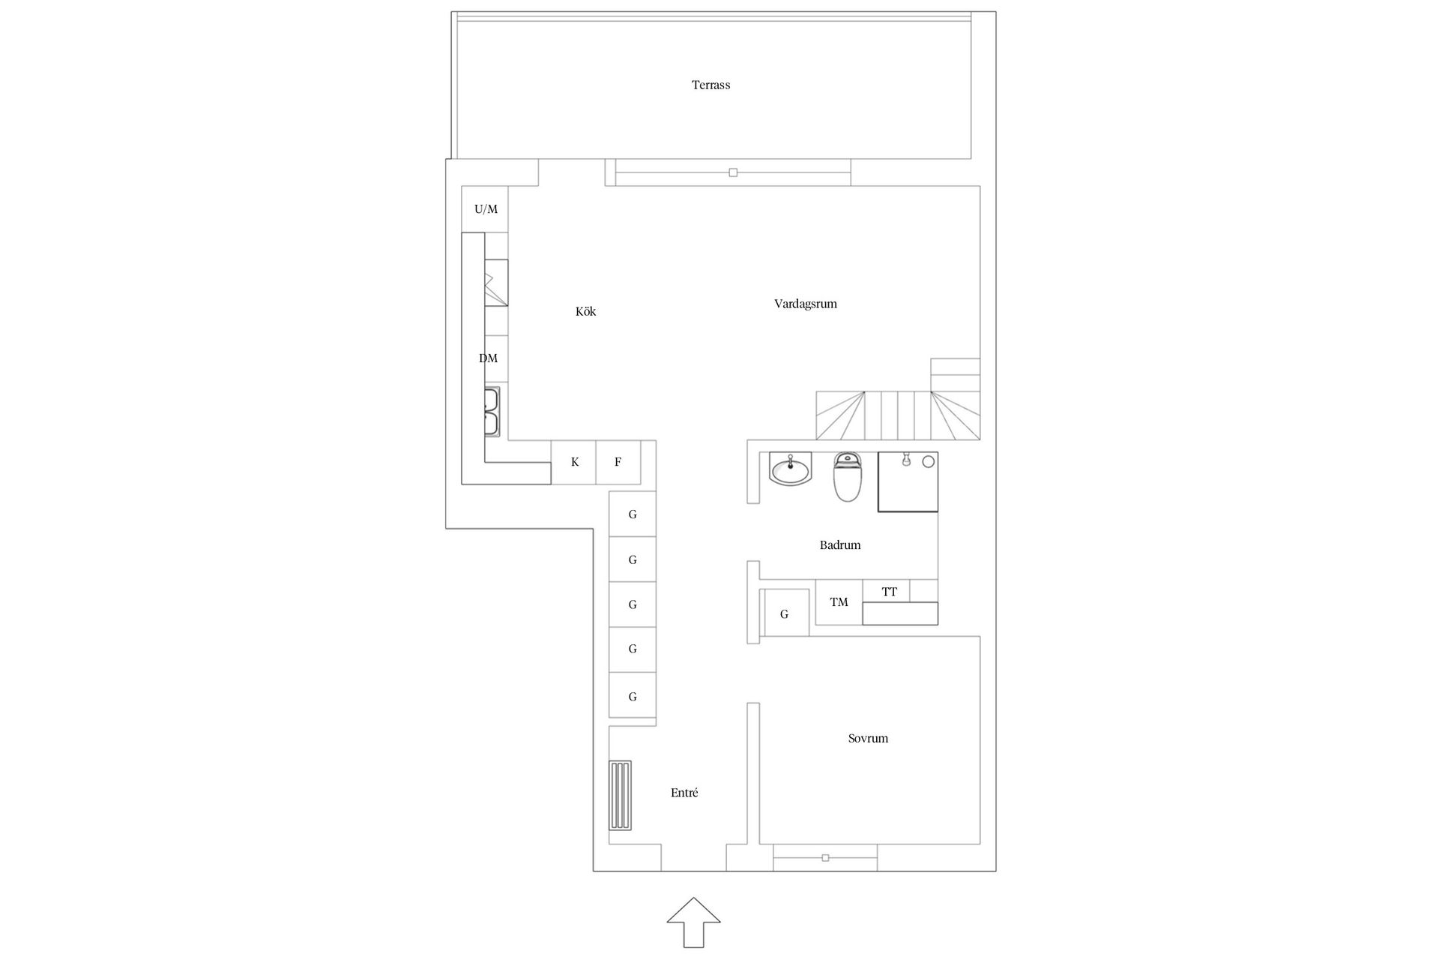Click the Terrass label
pos(711,85)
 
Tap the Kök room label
pos(585,311)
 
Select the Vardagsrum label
pos(805,304)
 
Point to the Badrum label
pos(839,545)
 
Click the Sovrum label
pos(868,738)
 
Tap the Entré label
pos(684,793)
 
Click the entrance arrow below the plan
pos(694,922)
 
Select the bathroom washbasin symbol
pos(790,469)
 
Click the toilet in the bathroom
pos(848,477)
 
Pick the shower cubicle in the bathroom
pos(908,481)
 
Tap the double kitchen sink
pos(492,412)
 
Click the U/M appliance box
pos(486,209)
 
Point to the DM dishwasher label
pos(488,358)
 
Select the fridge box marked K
pos(574,462)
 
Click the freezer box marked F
pos(618,462)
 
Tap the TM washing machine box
pos(839,602)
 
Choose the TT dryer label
pos(889,592)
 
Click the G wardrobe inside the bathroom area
pos(784,614)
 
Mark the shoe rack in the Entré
pos(620,796)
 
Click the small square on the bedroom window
pos(825,857)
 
